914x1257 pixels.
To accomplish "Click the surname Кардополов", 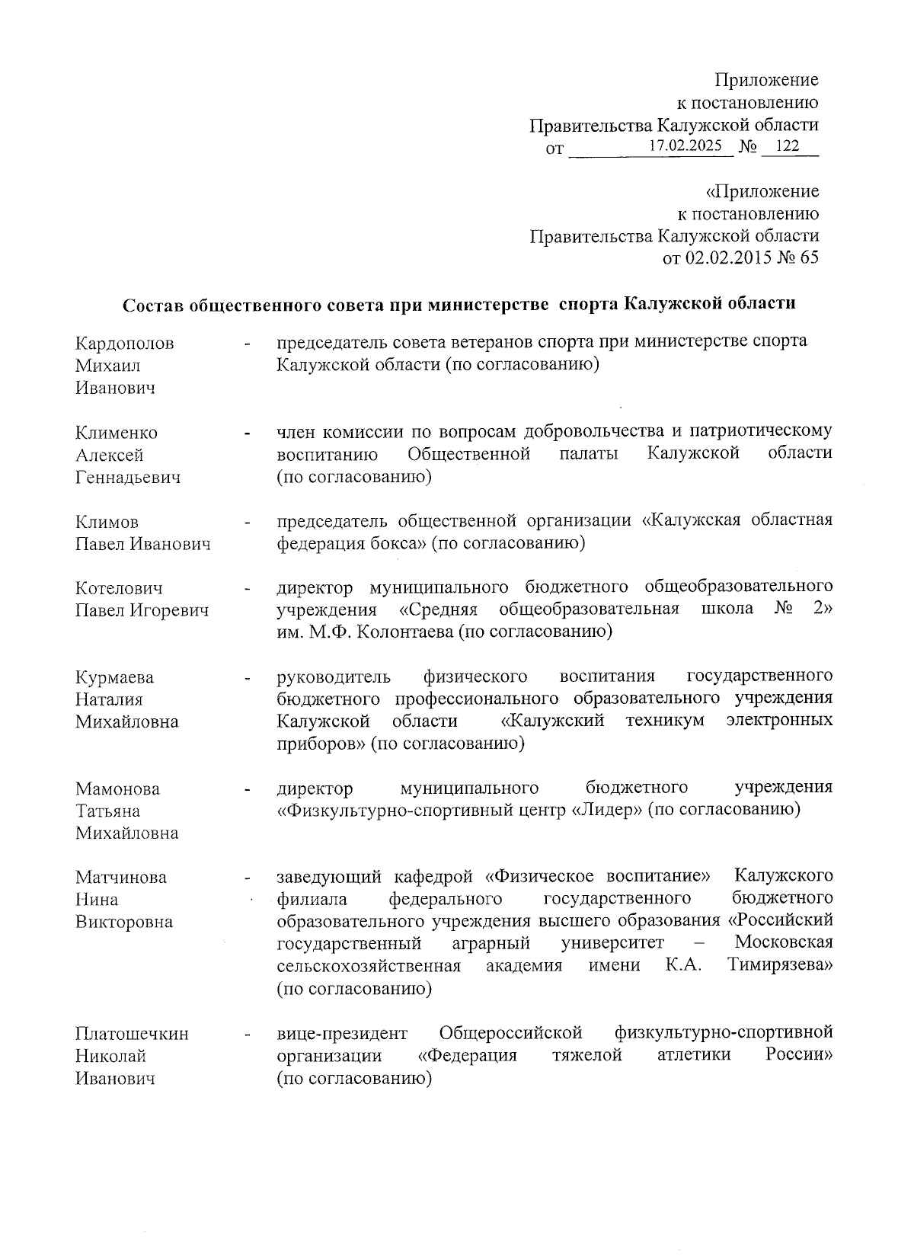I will tap(124, 344).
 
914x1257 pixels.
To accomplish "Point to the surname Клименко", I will tap(117, 433).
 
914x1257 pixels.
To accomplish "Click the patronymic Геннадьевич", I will tap(128, 478).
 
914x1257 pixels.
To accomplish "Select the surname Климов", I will tap(107, 523).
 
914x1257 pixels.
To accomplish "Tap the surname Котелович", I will tap(120, 589).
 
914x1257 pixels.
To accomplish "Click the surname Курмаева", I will tap(114, 678).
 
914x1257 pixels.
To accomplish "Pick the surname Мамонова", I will tap(117, 789).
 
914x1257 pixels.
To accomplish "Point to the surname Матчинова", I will tap(121, 878).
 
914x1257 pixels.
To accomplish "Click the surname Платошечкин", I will tap(132, 1034).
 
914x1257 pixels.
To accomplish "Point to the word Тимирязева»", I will tap(779, 966).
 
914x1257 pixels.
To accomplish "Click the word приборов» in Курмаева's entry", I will tap(321, 743).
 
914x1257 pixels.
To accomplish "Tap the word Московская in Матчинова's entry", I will tap(783, 943).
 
